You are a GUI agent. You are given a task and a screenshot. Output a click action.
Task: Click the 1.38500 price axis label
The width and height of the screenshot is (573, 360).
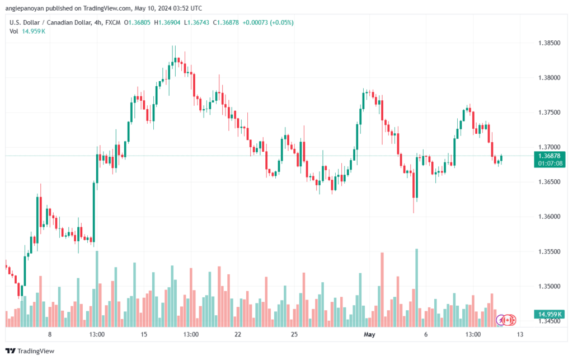(x=549, y=43)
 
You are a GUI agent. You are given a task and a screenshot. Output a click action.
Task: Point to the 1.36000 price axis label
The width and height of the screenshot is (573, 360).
(x=549, y=217)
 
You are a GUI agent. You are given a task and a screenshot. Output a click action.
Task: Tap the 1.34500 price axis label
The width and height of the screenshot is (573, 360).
(x=549, y=321)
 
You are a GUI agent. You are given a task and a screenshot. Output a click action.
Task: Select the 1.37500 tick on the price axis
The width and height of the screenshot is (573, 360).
(x=549, y=113)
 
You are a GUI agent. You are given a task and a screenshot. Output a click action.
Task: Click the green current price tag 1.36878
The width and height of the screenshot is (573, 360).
(x=549, y=156)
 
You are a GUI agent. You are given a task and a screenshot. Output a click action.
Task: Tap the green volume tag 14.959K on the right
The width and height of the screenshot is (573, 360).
(x=548, y=314)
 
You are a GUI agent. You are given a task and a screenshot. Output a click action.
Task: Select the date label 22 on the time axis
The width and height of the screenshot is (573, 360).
(x=238, y=335)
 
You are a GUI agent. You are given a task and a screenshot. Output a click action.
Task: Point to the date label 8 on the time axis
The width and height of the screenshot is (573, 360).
(x=50, y=335)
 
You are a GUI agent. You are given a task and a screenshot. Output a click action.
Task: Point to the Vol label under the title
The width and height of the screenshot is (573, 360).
(x=14, y=31)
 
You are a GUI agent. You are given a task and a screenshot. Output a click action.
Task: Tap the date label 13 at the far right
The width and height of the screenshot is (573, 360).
(x=520, y=335)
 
